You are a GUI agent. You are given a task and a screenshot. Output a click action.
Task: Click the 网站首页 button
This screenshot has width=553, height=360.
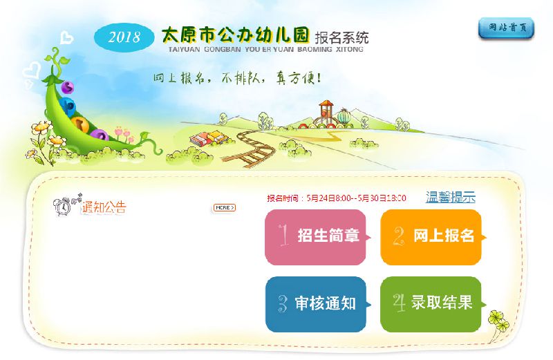(x=506, y=28)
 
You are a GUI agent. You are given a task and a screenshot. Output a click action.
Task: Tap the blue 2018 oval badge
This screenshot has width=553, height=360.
(x=124, y=37)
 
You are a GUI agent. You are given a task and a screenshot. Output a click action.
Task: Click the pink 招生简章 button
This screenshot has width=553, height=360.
(x=316, y=237)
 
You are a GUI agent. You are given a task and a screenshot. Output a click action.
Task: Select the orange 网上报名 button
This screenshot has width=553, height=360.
(x=431, y=237)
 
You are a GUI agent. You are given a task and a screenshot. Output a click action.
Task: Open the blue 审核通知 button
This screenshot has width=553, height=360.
(x=316, y=304)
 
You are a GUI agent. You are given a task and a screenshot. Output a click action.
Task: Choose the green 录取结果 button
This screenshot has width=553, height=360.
(x=431, y=304)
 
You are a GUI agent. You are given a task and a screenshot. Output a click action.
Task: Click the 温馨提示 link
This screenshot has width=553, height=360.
(x=451, y=197)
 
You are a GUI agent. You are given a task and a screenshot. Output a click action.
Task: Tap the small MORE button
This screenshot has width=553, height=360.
(x=224, y=208)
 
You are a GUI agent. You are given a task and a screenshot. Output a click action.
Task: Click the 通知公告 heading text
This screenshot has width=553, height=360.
(x=104, y=207)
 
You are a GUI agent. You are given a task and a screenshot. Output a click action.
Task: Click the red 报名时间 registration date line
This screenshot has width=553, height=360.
(x=337, y=198)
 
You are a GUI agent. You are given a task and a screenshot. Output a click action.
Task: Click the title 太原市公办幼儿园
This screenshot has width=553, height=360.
(x=235, y=35)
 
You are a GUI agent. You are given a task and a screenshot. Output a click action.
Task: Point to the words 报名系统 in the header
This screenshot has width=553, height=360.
(x=341, y=37)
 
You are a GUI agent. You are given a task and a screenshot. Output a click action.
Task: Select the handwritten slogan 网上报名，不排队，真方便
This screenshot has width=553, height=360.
(x=237, y=78)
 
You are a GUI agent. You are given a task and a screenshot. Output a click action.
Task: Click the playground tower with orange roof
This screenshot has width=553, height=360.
(x=326, y=112)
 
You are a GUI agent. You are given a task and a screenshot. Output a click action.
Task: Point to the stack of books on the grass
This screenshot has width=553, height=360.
(x=208, y=138)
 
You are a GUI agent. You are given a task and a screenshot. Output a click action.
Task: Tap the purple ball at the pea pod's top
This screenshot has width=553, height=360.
(x=67, y=87)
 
